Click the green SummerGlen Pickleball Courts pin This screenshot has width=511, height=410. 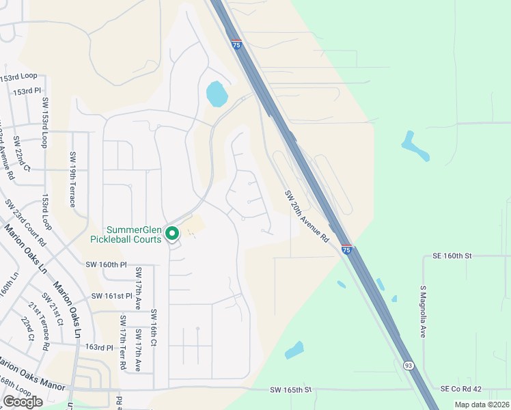point(172,234)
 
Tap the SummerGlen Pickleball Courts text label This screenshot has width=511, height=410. point(126,234)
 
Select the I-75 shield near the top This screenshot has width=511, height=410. point(236,44)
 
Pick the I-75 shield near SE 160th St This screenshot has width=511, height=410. point(346,250)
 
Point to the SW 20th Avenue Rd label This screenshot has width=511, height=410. point(307,216)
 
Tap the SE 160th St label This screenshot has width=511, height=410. point(452,256)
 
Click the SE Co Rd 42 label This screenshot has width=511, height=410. point(461,389)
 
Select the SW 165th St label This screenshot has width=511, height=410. point(290,389)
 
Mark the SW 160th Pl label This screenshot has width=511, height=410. point(107,264)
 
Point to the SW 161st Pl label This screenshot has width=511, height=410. point(111,296)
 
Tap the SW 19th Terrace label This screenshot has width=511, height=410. point(72,180)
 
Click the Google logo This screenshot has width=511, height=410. point(23,402)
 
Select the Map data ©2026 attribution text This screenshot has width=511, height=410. point(481,405)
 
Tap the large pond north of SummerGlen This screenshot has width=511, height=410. point(216,94)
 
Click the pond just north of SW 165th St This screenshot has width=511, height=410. point(294,351)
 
